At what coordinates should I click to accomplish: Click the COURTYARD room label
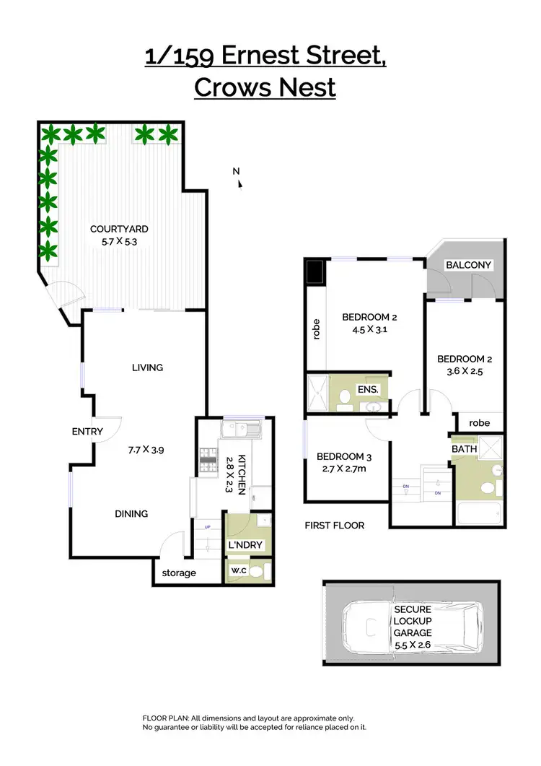[119, 230]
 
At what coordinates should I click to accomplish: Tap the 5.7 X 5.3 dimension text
[119, 243]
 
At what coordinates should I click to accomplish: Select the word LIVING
[147, 367]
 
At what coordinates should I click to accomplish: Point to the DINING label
[131, 514]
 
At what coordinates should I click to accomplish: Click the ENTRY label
[87, 432]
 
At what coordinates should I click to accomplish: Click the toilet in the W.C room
[264, 572]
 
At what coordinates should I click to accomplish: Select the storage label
[178, 573]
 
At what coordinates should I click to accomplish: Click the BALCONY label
[468, 265]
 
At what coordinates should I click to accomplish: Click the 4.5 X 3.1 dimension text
[369, 330]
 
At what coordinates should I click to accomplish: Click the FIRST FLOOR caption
[334, 526]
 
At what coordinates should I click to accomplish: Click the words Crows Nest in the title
[265, 87]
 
